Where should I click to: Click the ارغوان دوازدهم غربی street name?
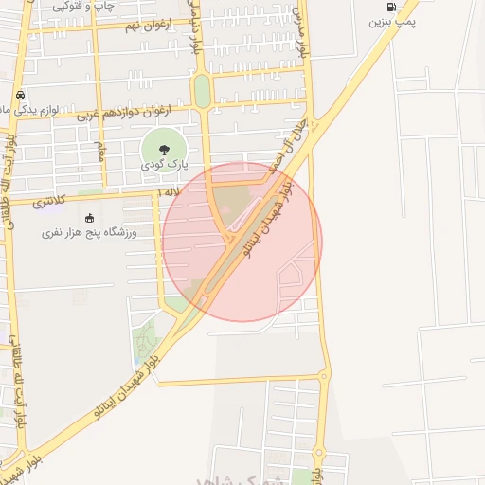pyautogui.click(x=123, y=113)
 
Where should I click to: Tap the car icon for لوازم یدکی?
pyautogui.click(x=19, y=95)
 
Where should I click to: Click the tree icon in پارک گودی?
pyautogui.click(x=163, y=148)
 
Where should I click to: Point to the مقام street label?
pyautogui.click(x=99, y=151)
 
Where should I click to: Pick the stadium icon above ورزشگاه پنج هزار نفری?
pyautogui.click(x=89, y=218)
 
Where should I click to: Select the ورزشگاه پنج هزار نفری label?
pyautogui.click(x=89, y=232)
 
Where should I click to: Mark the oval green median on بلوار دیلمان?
pyautogui.click(x=202, y=91)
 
